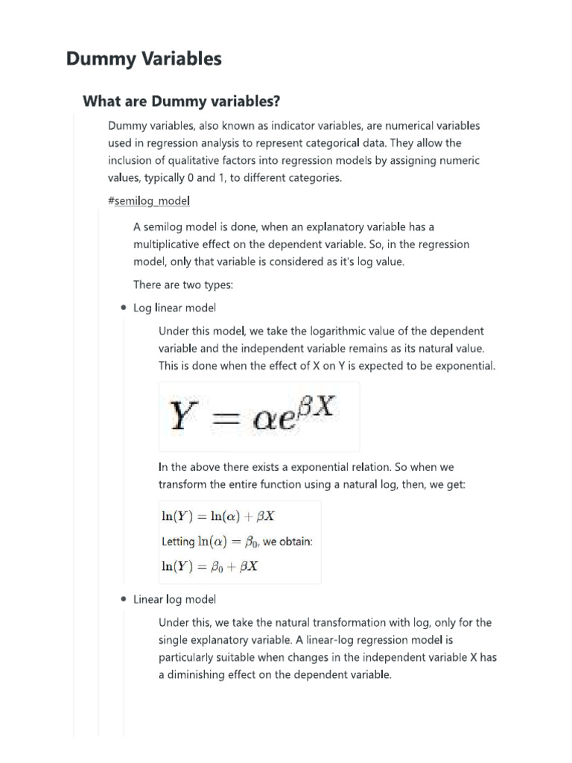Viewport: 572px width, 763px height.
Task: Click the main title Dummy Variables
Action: (x=144, y=59)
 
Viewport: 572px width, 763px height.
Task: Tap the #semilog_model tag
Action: (x=149, y=201)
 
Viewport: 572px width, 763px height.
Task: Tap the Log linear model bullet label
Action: (x=175, y=308)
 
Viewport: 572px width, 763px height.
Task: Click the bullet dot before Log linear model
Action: (x=122, y=308)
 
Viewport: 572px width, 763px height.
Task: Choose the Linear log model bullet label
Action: (x=175, y=599)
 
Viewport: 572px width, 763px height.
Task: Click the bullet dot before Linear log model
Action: (x=122, y=599)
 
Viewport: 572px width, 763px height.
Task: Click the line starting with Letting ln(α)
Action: (x=237, y=541)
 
